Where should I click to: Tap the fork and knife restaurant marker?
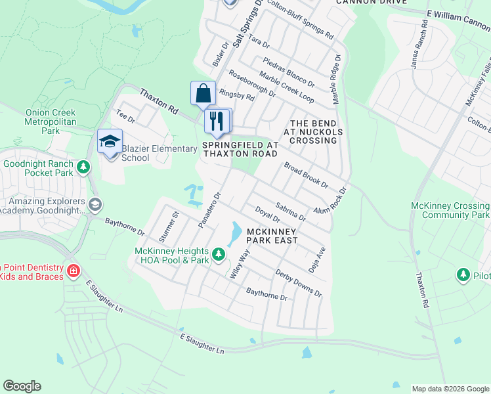click(217, 121)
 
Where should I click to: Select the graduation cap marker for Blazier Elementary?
click(110, 141)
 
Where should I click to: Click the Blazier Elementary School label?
click(160, 153)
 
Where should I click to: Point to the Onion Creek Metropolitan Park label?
click(51, 121)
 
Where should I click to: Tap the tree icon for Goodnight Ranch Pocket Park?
click(83, 167)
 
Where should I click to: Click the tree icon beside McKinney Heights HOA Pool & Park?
click(219, 252)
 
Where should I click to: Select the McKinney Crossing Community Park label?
click(450, 210)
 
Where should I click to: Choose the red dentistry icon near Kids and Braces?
click(74, 270)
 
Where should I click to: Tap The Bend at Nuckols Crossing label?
click(314, 132)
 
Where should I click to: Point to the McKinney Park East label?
click(272, 236)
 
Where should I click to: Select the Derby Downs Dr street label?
click(299, 282)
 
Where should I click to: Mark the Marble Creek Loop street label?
click(286, 87)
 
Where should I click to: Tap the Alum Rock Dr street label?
click(330, 201)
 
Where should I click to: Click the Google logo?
click(22, 386)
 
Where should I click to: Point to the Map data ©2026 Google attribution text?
click(450, 389)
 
